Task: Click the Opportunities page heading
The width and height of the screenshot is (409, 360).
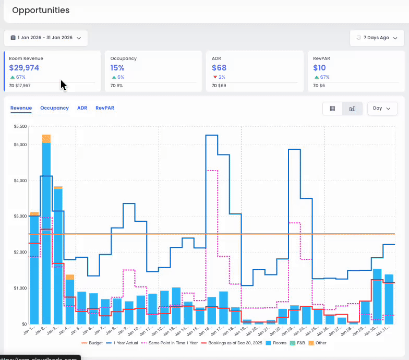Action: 41,10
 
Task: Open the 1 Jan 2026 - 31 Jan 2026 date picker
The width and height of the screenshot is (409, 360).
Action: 46,38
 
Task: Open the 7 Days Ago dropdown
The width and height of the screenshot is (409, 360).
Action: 377,38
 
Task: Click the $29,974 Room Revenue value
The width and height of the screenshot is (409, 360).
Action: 24,68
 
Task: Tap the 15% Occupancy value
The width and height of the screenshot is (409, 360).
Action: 117,68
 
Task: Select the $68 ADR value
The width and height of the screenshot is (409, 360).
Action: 219,68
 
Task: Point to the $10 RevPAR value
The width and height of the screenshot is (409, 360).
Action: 319,68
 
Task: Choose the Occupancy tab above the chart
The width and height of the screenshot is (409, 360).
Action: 54,108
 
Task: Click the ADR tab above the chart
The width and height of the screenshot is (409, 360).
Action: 82,108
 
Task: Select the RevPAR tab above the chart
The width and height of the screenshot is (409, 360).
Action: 105,108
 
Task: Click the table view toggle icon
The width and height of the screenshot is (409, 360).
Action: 332,109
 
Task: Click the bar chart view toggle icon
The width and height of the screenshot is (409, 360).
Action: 353,109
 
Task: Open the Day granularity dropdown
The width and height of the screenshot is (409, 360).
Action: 382,109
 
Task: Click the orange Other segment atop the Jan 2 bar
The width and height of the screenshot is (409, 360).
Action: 46,138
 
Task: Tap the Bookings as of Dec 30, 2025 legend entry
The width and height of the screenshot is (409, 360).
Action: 232,343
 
